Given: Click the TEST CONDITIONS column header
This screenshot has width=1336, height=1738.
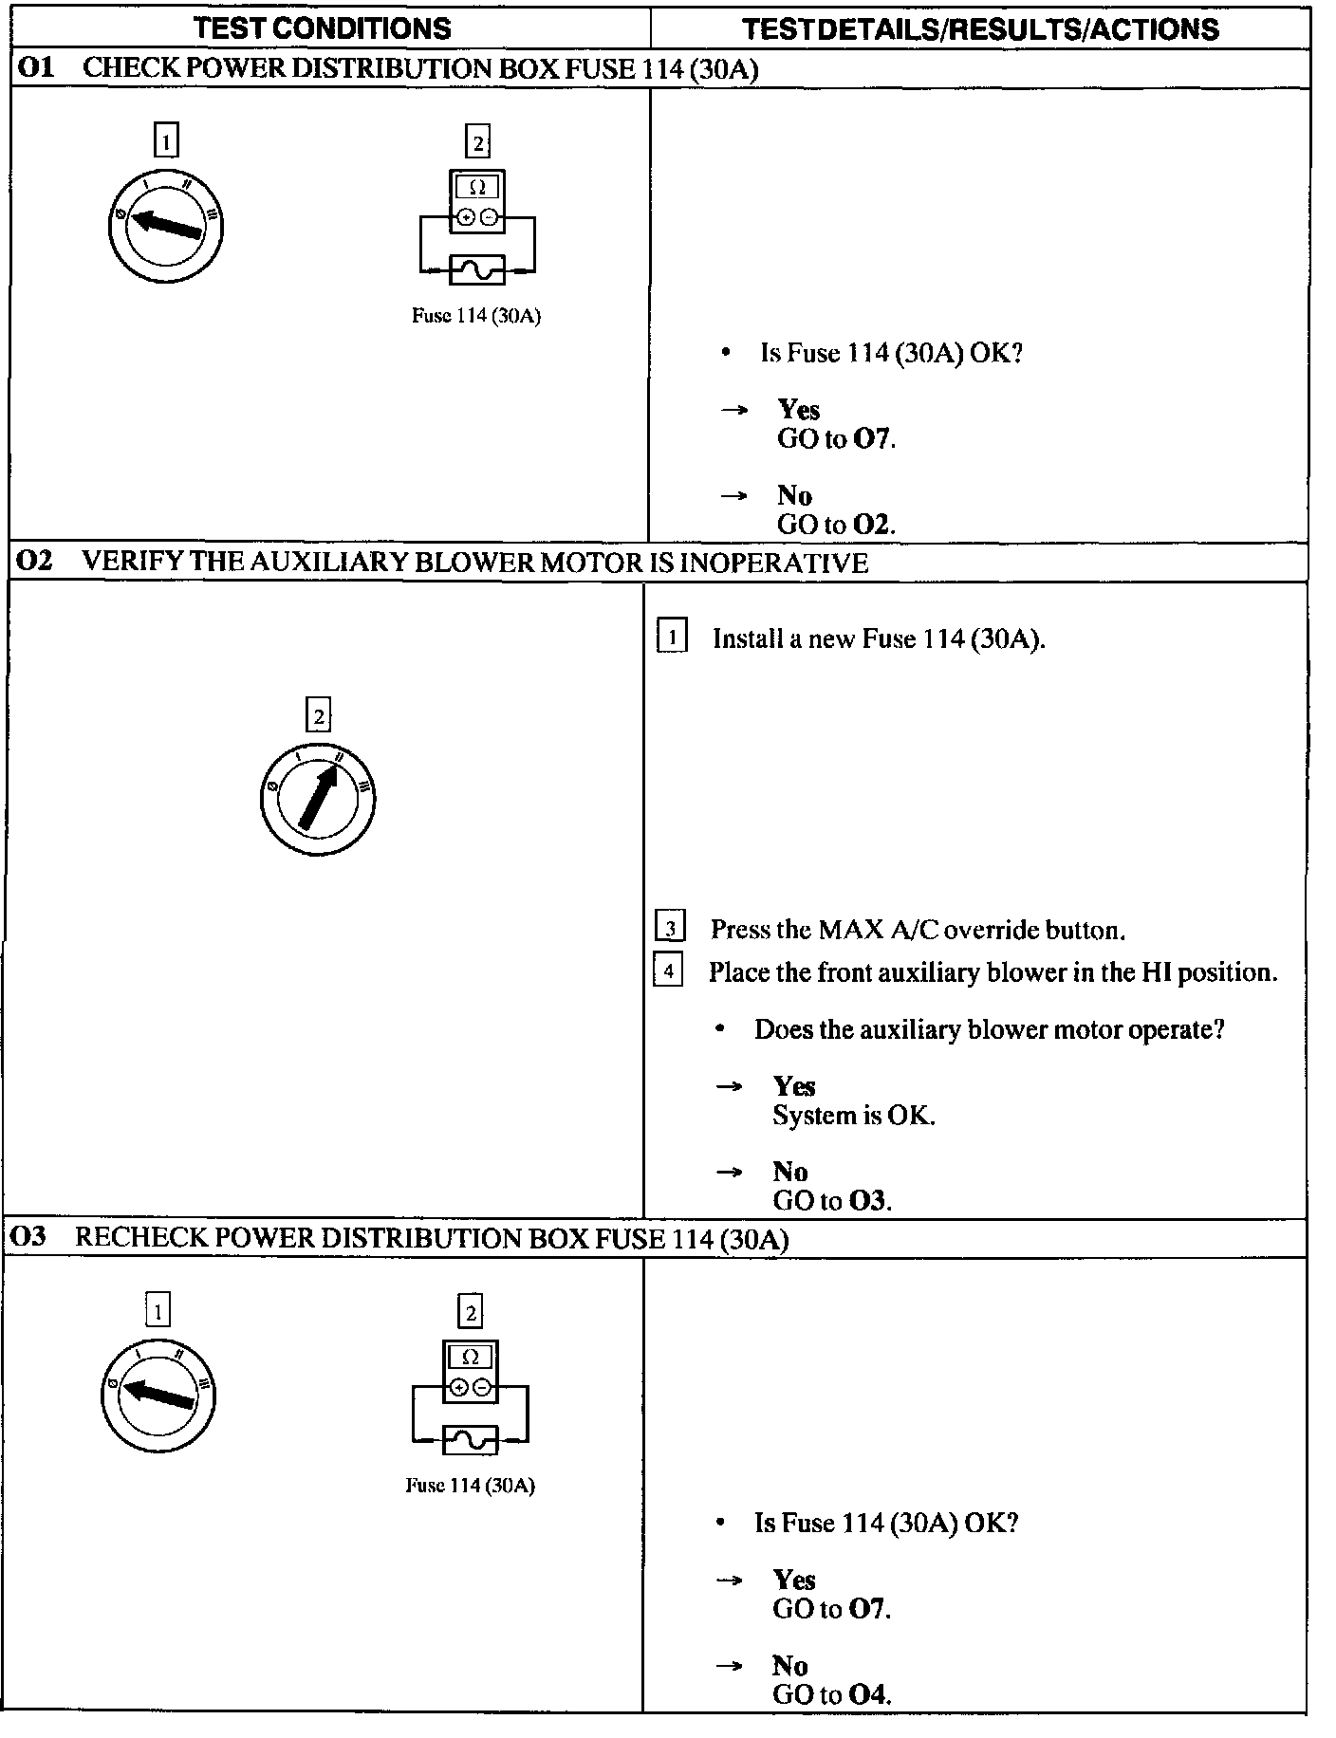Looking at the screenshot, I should tap(323, 28).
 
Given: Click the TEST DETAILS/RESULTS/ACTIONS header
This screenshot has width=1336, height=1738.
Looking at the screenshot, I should tap(980, 29).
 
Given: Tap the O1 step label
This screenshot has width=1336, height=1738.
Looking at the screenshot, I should tap(35, 68).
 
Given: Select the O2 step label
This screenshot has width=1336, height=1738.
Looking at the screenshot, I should tap(34, 562).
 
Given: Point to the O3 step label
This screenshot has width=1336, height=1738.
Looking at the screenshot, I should tap(31, 1237).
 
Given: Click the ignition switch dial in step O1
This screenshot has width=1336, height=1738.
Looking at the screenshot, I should tap(165, 226).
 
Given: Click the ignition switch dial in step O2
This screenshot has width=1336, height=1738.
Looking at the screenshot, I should tap(317, 798).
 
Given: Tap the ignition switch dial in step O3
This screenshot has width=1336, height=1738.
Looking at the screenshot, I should tap(158, 1394).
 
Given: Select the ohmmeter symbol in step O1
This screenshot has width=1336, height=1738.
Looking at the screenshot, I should tap(477, 201).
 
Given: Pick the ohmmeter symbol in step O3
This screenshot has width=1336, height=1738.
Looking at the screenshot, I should tap(470, 1372).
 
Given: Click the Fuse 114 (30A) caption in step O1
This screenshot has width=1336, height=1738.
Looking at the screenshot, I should tap(475, 316).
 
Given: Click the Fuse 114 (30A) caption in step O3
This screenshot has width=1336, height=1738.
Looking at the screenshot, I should tap(470, 1485).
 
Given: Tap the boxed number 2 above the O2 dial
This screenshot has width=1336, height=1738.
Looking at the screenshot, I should tap(318, 715).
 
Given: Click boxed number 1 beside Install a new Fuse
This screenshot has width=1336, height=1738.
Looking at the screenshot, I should tap(671, 637).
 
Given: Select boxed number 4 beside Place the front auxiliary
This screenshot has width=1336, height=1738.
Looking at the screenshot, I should tap(668, 971).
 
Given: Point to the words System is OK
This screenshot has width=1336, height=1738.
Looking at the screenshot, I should tap(853, 1115).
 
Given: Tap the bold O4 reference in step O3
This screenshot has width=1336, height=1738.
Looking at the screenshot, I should tap(868, 1693).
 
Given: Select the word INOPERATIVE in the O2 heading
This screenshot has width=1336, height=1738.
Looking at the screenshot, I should tap(773, 563).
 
